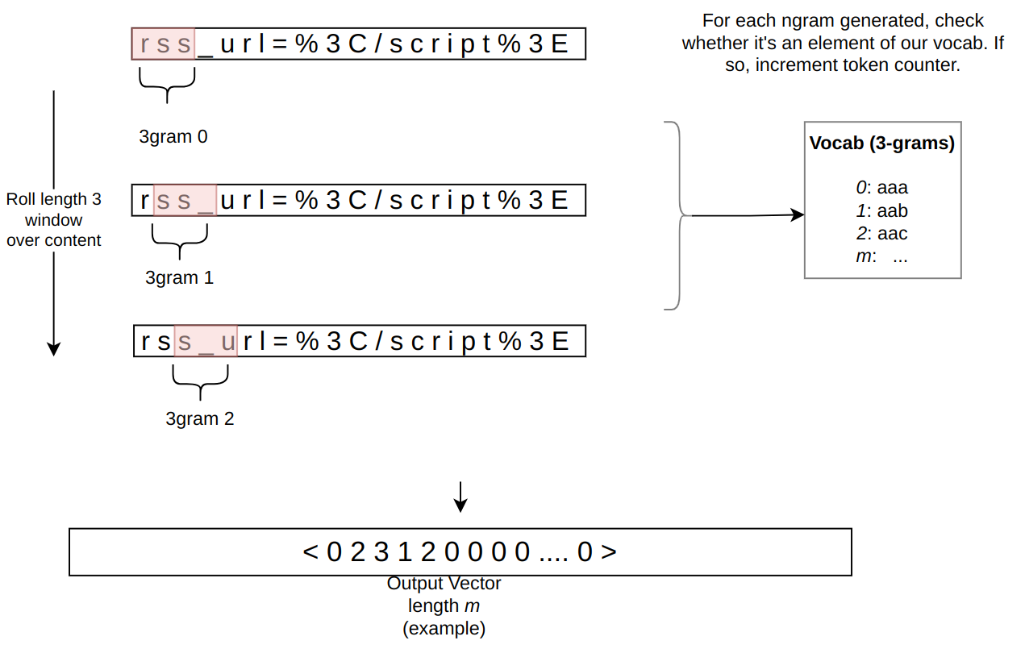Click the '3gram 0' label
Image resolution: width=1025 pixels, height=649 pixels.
pyautogui.click(x=173, y=137)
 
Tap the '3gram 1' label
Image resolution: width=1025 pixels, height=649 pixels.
pyautogui.click(x=179, y=277)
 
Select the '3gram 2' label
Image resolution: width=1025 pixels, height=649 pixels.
pyautogui.click(x=199, y=418)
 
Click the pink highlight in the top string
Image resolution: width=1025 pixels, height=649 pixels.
pyautogui.click(x=164, y=44)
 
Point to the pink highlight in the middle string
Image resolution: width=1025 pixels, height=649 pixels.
pyautogui.click(x=185, y=200)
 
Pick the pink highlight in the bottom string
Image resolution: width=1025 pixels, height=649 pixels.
pyautogui.click(x=206, y=341)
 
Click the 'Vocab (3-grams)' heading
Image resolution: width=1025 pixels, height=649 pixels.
pyautogui.click(x=881, y=144)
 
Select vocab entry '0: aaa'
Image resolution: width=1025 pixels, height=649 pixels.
pyautogui.click(x=881, y=188)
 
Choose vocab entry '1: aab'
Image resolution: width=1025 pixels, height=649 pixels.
pyautogui.click(x=881, y=211)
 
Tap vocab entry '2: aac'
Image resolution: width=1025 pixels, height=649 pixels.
pyautogui.click(x=881, y=234)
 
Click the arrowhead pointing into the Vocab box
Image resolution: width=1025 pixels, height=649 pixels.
pyautogui.click(x=798, y=214)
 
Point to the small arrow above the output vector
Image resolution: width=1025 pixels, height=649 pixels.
pyautogui.click(x=460, y=497)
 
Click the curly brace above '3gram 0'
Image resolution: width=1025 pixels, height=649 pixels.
pyautogui.click(x=167, y=86)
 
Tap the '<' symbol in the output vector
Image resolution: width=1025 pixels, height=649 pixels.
pyautogui.click(x=310, y=551)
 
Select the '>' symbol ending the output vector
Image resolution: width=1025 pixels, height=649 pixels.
pyautogui.click(x=609, y=551)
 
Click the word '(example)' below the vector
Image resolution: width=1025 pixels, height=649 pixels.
pyautogui.click(x=444, y=629)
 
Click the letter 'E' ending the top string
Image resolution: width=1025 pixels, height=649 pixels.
pyautogui.click(x=560, y=44)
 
